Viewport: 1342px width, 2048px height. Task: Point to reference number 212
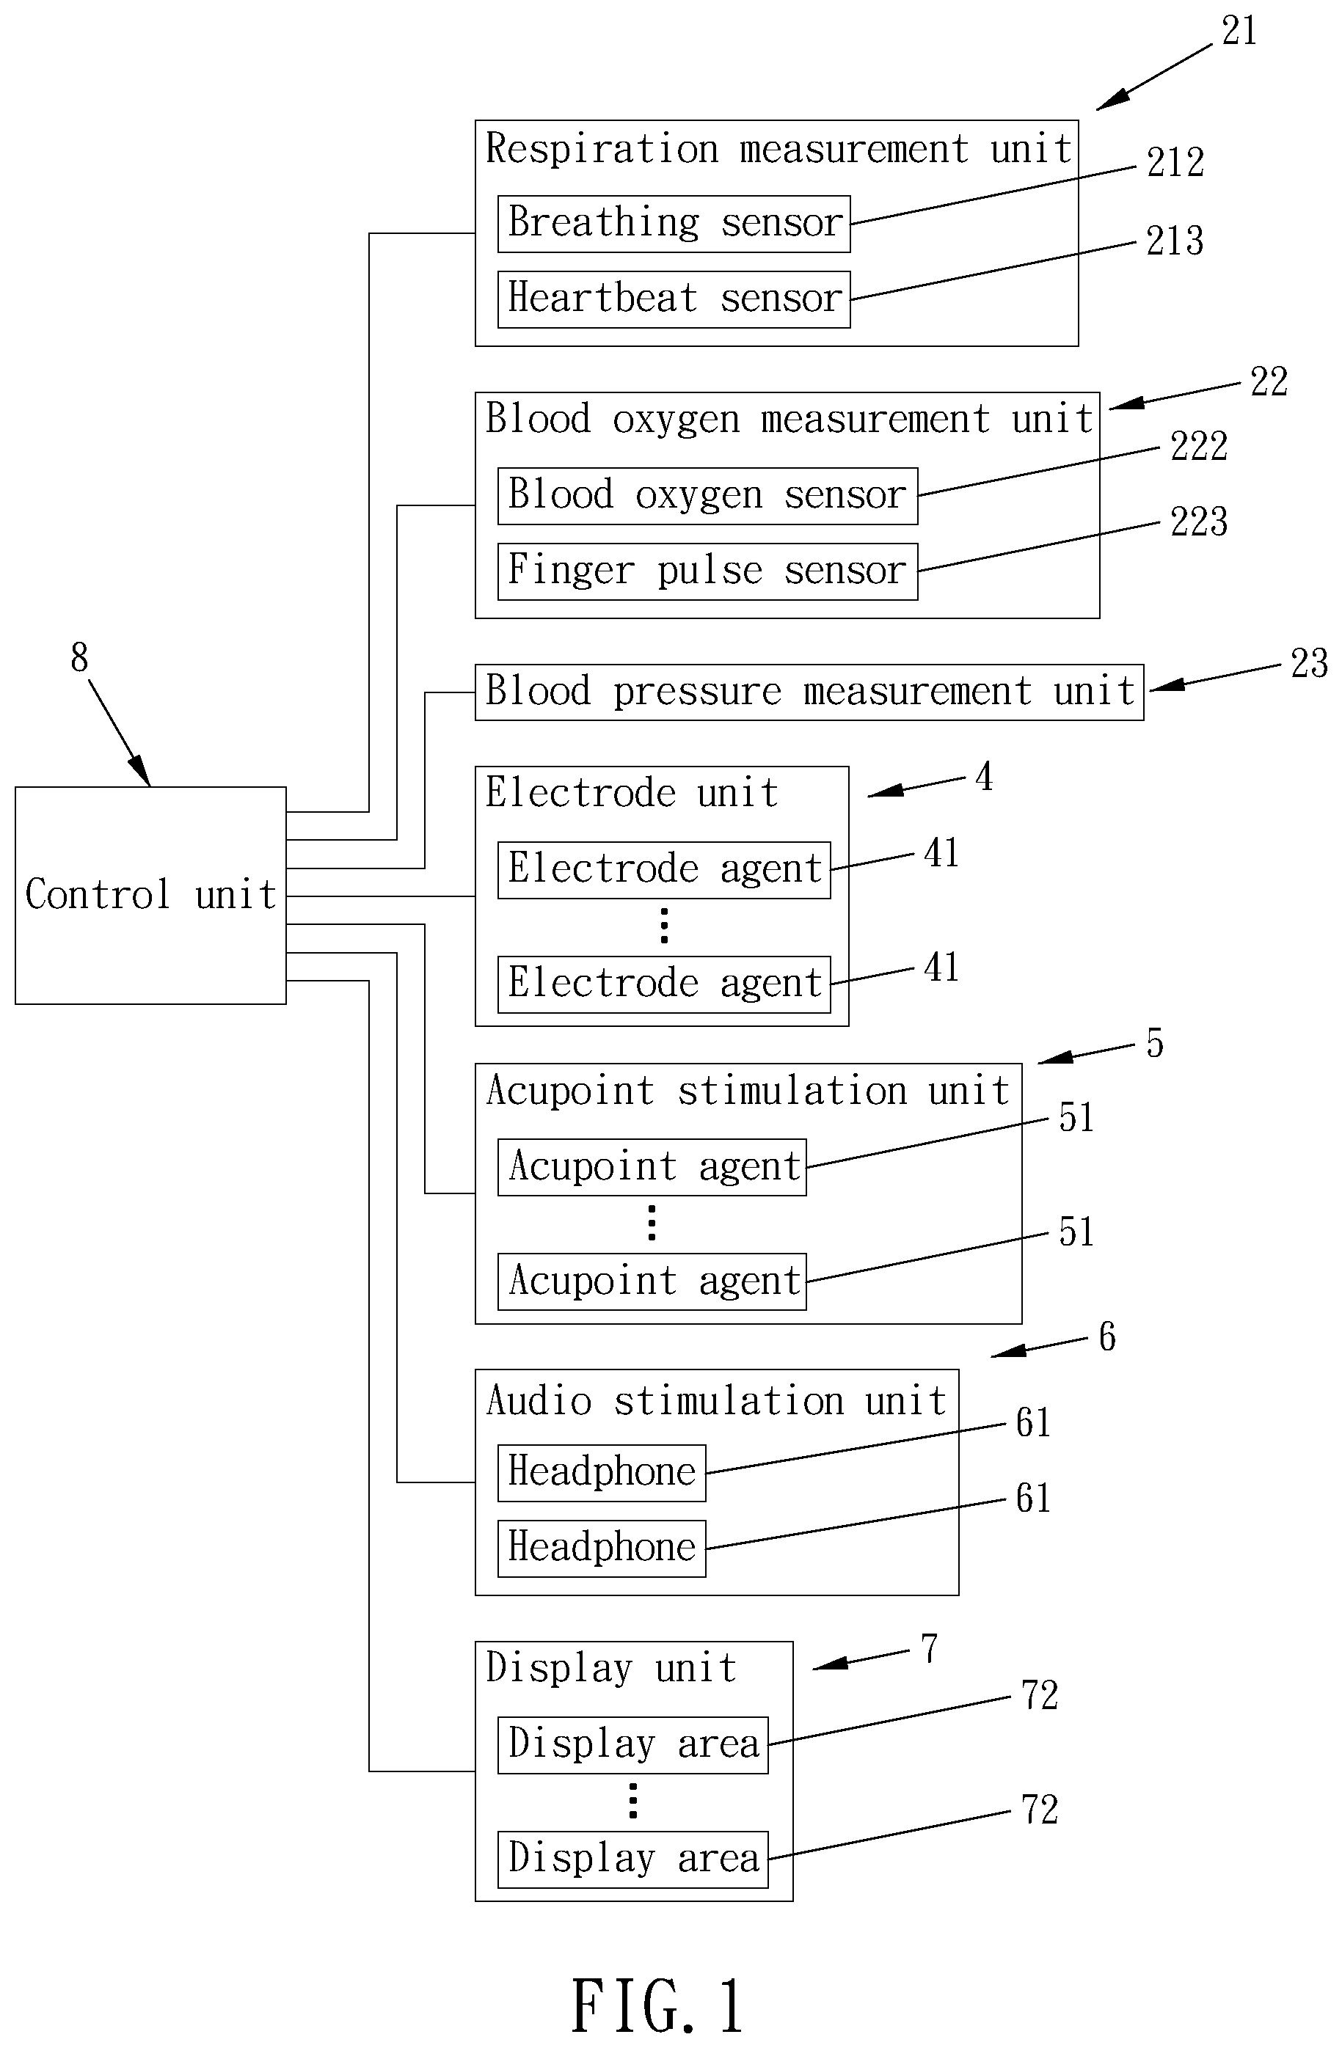coord(1175,163)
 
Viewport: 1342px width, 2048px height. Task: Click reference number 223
coord(1198,522)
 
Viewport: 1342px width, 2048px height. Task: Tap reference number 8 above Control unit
coord(79,657)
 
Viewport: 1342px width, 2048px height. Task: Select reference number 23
coord(1309,663)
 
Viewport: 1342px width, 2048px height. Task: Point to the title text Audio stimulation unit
coord(716,1401)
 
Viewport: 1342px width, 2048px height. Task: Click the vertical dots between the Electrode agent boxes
coord(664,926)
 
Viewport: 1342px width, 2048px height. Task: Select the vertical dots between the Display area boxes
coord(632,1801)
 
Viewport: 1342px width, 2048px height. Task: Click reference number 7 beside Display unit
coord(929,1650)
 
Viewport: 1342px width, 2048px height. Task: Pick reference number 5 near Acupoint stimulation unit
coord(1154,1043)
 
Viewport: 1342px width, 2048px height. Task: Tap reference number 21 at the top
coord(1239,31)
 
